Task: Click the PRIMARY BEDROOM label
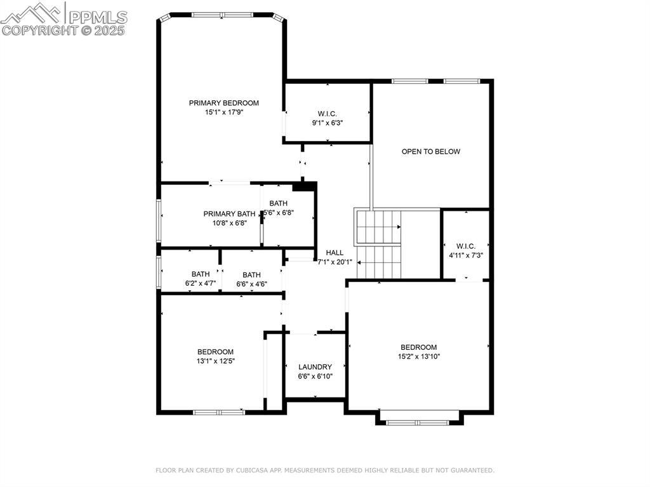click(x=224, y=103)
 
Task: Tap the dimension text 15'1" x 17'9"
click(x=224, y=112)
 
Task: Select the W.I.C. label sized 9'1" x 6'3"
click(x=328, y=114)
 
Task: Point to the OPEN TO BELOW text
click(x=431, y=151)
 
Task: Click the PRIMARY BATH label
click(x=229, y=213)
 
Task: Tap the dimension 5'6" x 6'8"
click(x=279, y=213)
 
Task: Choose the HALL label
click(x=335, y=253)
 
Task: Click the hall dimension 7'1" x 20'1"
click(x=335, y=262)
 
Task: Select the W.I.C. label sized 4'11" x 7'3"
click(x=466, y=246)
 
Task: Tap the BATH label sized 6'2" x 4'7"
click(x=201, y=274)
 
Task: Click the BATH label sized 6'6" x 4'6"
click(x=251, y=275)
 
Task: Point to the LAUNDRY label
click(x=315, y=367)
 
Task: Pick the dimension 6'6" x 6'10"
click(x=315, y=377)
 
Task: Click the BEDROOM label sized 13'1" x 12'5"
click(x=215, y=352)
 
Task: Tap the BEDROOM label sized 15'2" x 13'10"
click(x=419, y=347)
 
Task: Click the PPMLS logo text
click(x=98, y=17)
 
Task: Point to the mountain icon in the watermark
click(x=31, y=13)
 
